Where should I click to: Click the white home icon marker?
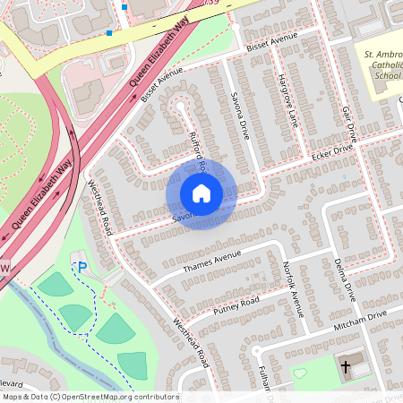pyautogui.click(x=201, y=193)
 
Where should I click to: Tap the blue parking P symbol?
pyautogui.click(x=82, y=267)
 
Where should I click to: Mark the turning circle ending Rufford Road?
pyautogui.click(x=180, y=106)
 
